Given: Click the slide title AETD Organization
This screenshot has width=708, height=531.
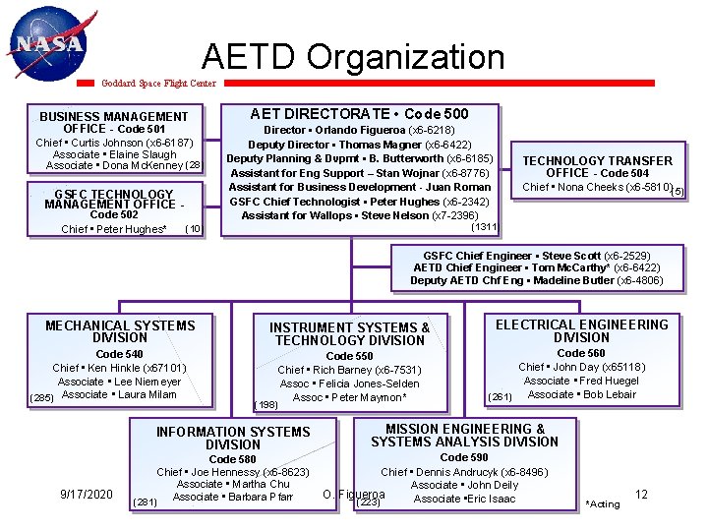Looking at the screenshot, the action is (353, 57).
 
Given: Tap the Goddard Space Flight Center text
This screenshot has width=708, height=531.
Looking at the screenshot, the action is (159, 84).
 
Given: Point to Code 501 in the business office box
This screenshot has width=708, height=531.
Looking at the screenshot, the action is (143, 129).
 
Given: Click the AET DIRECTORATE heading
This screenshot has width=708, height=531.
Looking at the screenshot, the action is (360, 114).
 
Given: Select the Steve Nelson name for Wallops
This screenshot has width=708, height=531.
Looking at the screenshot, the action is (400, 215).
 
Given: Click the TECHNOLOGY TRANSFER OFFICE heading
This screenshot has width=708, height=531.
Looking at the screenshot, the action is (597, 166).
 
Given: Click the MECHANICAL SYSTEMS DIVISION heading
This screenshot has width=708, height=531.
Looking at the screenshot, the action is (120, 331).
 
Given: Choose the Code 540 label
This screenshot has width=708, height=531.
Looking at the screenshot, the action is (119, 354).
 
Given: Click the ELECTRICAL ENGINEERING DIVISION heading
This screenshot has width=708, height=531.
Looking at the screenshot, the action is (581, 330).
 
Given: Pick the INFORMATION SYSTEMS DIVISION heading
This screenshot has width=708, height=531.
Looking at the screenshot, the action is (233, 438).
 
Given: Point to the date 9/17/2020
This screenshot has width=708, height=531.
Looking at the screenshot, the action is (86, 494).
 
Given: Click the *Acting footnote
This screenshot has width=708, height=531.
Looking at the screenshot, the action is (602, 503).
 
